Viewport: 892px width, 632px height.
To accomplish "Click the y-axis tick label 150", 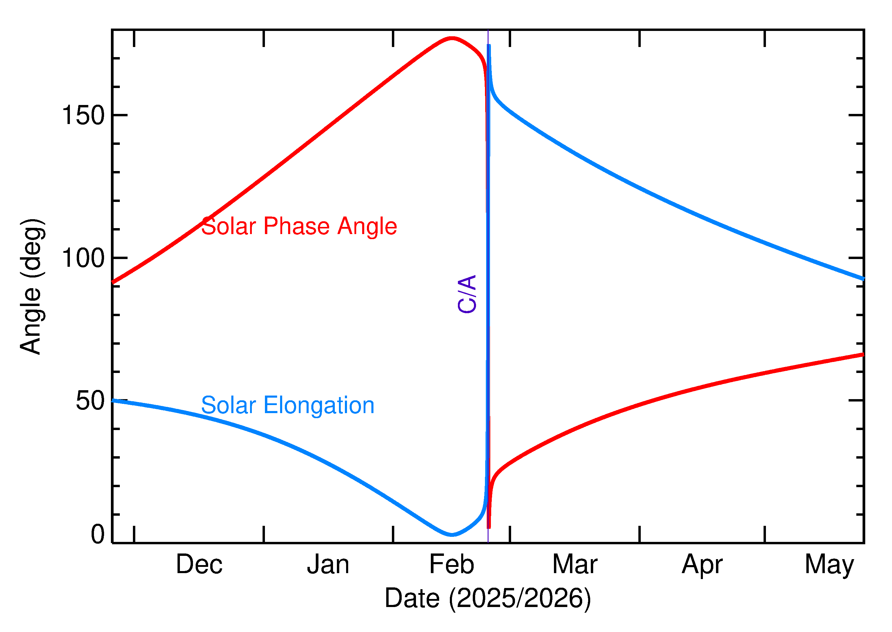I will tap(83, 116).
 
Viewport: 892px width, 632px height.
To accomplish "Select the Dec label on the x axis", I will tap(199, 565).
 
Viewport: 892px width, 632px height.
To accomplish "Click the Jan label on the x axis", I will tap(328, 565).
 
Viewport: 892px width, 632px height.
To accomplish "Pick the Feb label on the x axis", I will tap(452, 565).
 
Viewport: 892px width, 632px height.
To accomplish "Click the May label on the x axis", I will tap(829, 565).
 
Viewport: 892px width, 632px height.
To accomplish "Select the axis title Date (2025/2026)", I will tap(488, 598).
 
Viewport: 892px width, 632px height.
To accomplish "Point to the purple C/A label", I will tap(467, 294).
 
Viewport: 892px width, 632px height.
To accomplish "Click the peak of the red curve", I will tap(451, 38).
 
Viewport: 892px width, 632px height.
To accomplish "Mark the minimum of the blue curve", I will tap(451, 535).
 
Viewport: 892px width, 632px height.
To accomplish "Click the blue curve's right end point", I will tap(863, 279).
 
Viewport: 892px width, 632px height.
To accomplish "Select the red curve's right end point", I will tap(863, 354).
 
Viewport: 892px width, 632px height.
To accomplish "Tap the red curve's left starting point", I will tap(113, 282).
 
